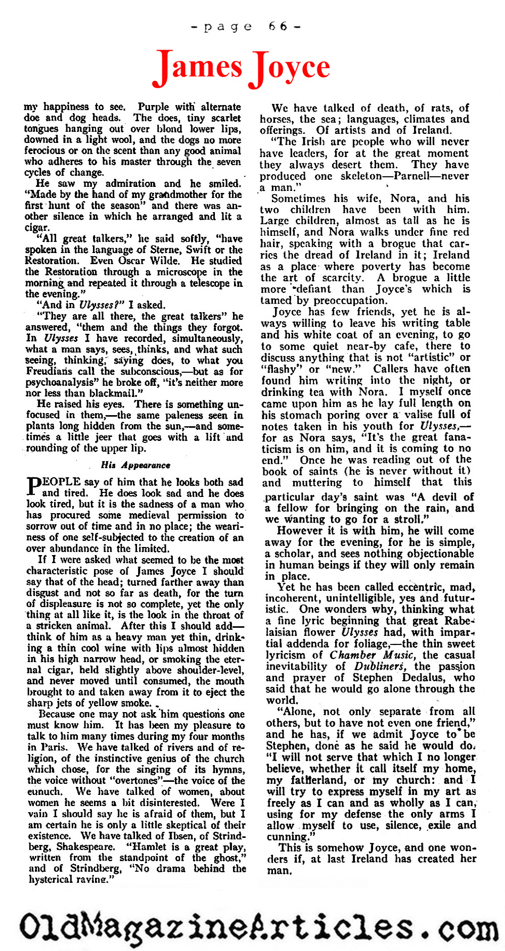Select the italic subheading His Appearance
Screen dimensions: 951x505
pos(135,465)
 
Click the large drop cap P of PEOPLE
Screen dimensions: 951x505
pos(33,487)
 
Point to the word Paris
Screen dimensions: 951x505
pos(53,747)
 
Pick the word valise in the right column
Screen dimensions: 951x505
pos(420,415)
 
